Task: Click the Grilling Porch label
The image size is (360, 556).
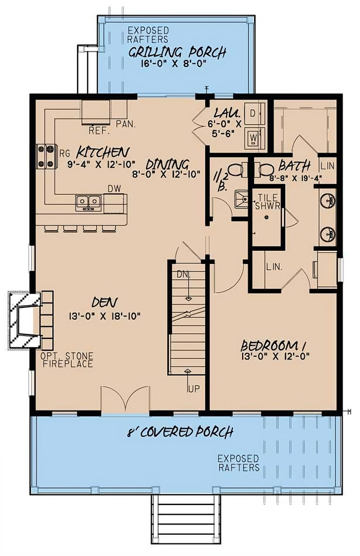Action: tap(177, 53)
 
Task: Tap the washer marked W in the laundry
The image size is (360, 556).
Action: tap(253, 137)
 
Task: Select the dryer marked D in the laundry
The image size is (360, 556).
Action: tap(253, 113)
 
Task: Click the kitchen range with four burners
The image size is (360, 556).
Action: tap(46, 156)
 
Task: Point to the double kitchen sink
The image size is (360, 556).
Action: tap(89, 203)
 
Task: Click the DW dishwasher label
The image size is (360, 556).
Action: tap(114, 188)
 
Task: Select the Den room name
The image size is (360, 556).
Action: tap(105, 302)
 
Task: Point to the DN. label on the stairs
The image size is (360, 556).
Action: tap(184, 274)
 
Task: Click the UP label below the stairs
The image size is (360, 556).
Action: tap(194, 389)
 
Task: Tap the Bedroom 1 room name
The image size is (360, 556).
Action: tap(274, 345)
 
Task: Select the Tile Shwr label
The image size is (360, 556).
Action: tap(268, 201)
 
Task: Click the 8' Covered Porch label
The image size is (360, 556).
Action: tap(180, 432)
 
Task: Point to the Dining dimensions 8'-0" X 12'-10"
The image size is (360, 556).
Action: tap(167, 174)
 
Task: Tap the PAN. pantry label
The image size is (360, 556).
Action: tap(126, 124)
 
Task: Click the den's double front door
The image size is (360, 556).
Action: tap(125, 400)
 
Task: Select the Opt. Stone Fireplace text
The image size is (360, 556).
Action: tap(67, 360)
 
